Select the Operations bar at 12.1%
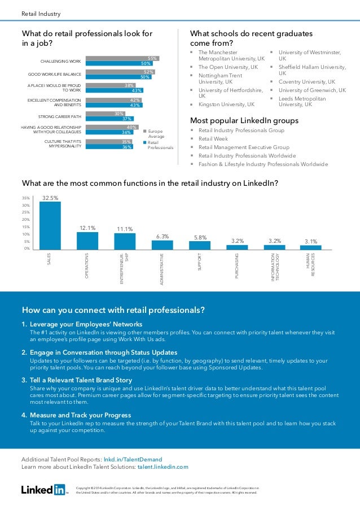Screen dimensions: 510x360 tap(87, 241)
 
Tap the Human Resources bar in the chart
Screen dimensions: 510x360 tap(310, 247)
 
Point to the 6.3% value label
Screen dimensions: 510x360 tap(163, 237)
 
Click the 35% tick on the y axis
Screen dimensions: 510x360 tap(26, 198)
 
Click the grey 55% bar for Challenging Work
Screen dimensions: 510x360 tap(121, 58)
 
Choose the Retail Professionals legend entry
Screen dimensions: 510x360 tap(160, 145)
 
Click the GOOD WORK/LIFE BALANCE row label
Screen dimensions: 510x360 tap(55, 75)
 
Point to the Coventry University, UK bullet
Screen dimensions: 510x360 tap(306, 81)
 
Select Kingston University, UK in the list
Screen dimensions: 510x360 tap(226, 104)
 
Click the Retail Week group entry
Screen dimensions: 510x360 tap(213, 138)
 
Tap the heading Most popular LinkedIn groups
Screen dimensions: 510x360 tap(244, 120)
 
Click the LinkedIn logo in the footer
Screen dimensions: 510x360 tap(43, 490)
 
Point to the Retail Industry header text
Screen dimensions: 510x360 tap(41, 14)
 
